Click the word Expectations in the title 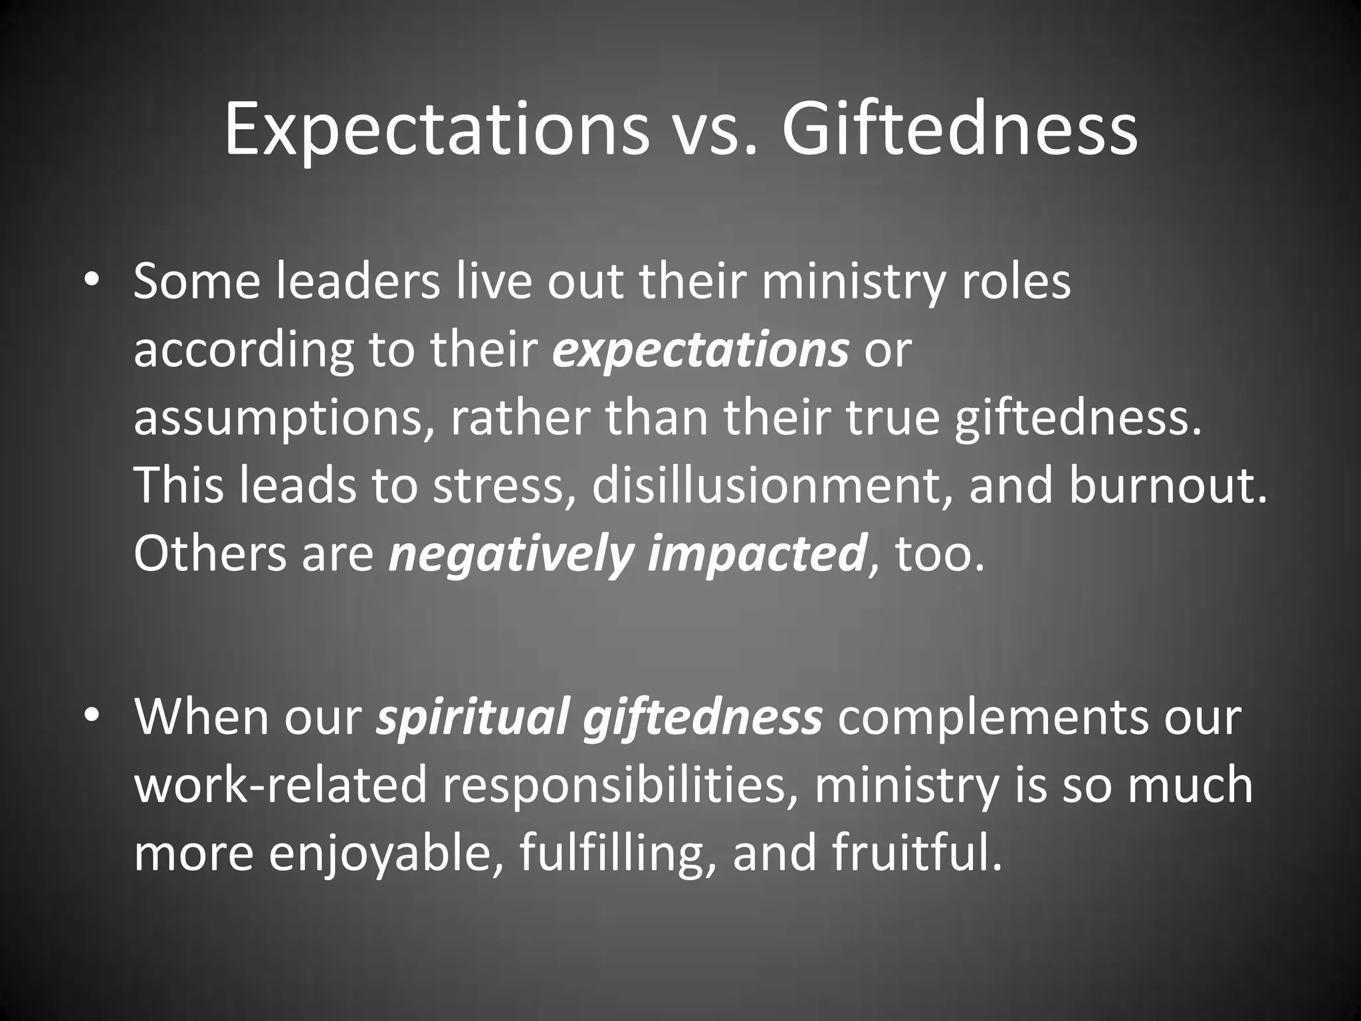436,130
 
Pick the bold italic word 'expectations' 700,350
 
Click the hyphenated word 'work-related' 280,786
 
